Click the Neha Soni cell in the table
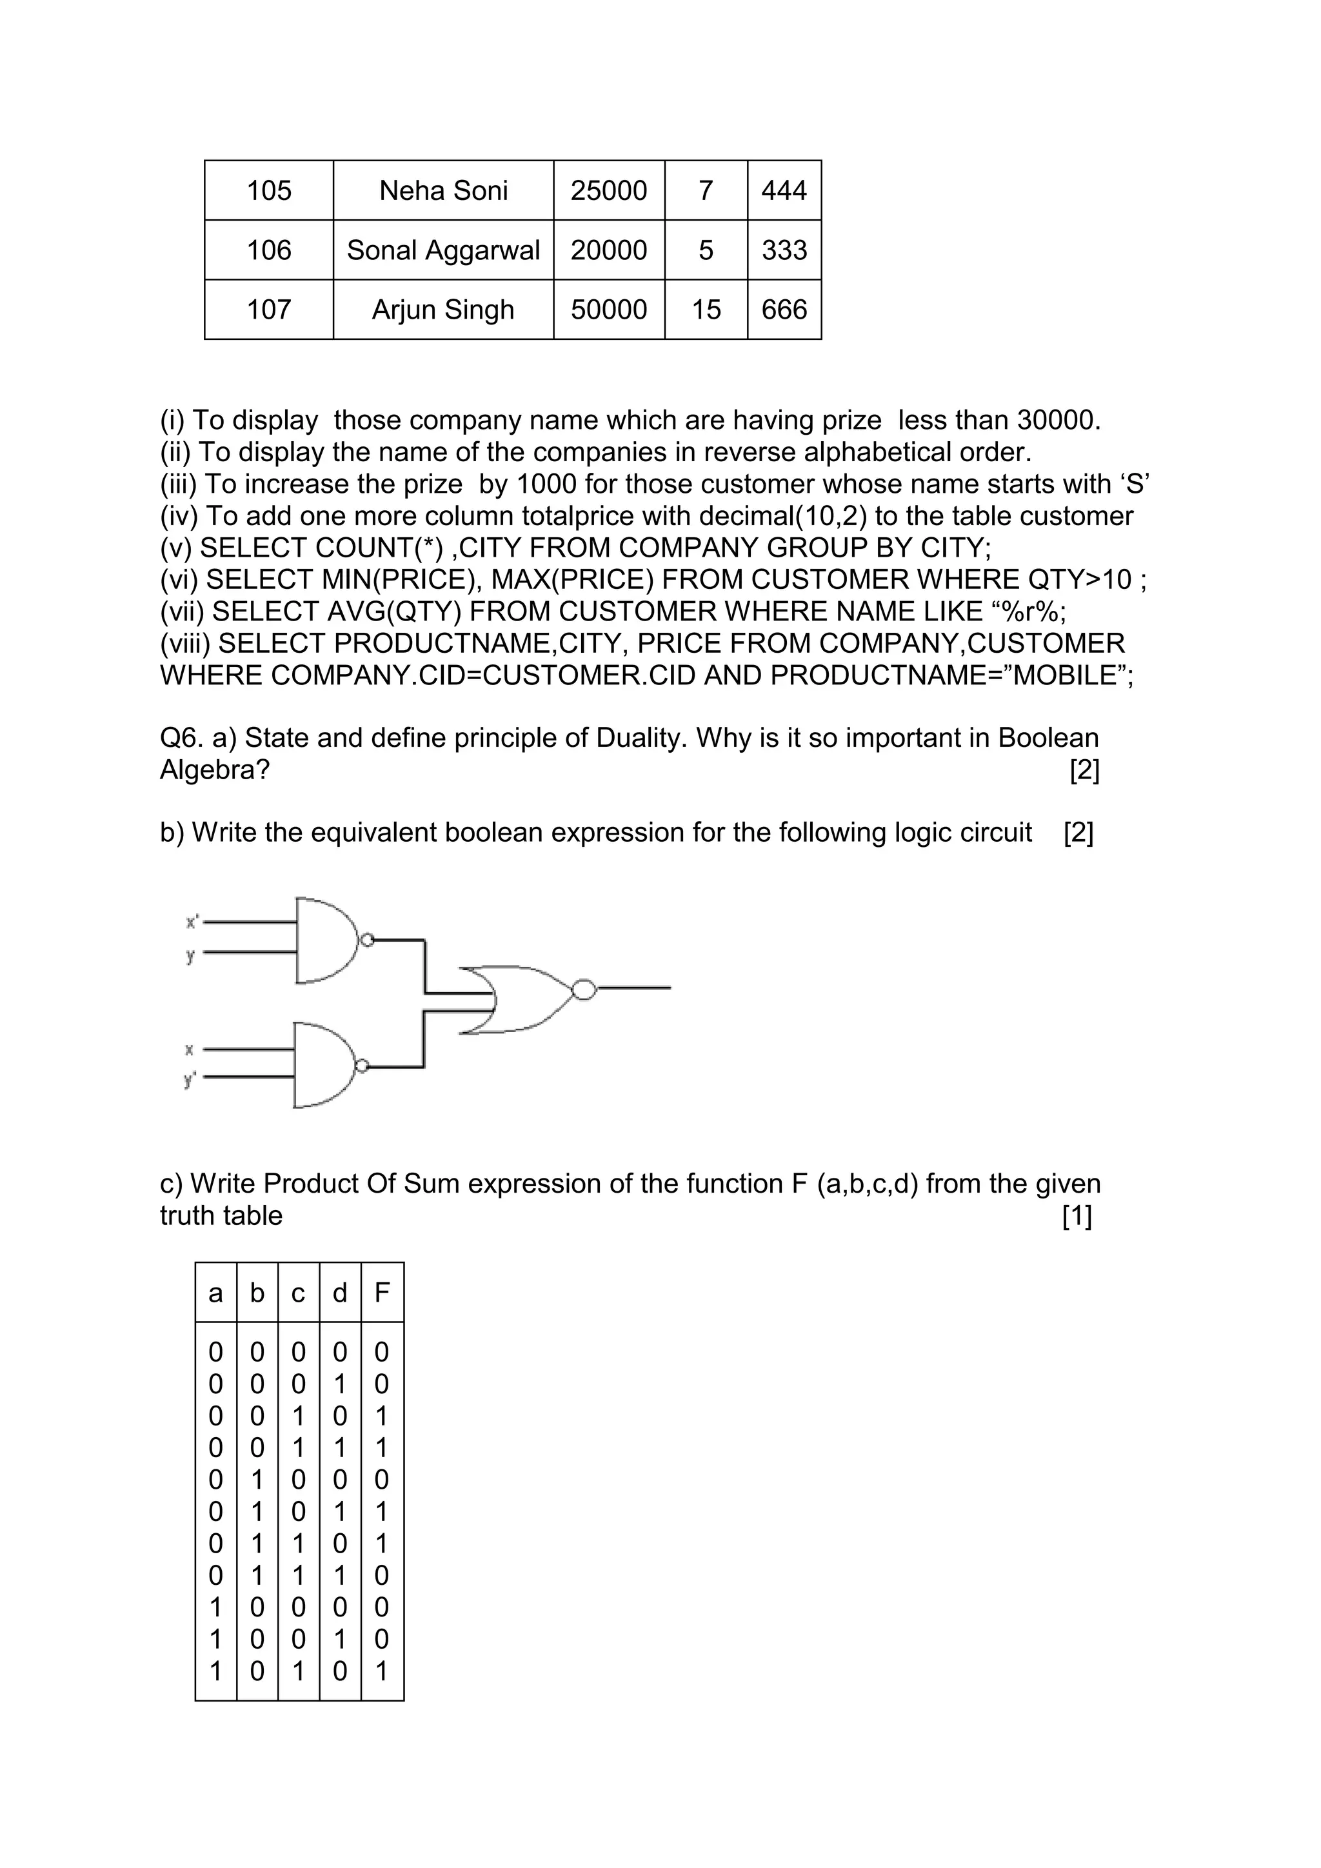point(443,190)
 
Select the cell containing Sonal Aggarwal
point(443,250)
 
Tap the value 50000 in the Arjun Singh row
point(608,309)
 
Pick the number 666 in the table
point(784,309)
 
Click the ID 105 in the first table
point(268,190)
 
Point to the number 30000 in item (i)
point(1057,420)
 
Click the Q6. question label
point(181,738)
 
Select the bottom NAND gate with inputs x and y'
point(324,1065)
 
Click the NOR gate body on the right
point(521,1000)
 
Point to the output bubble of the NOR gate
point(584,989)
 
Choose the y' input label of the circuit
point(190,1079)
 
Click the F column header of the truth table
point(381,1292)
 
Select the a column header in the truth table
point(215,1292)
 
